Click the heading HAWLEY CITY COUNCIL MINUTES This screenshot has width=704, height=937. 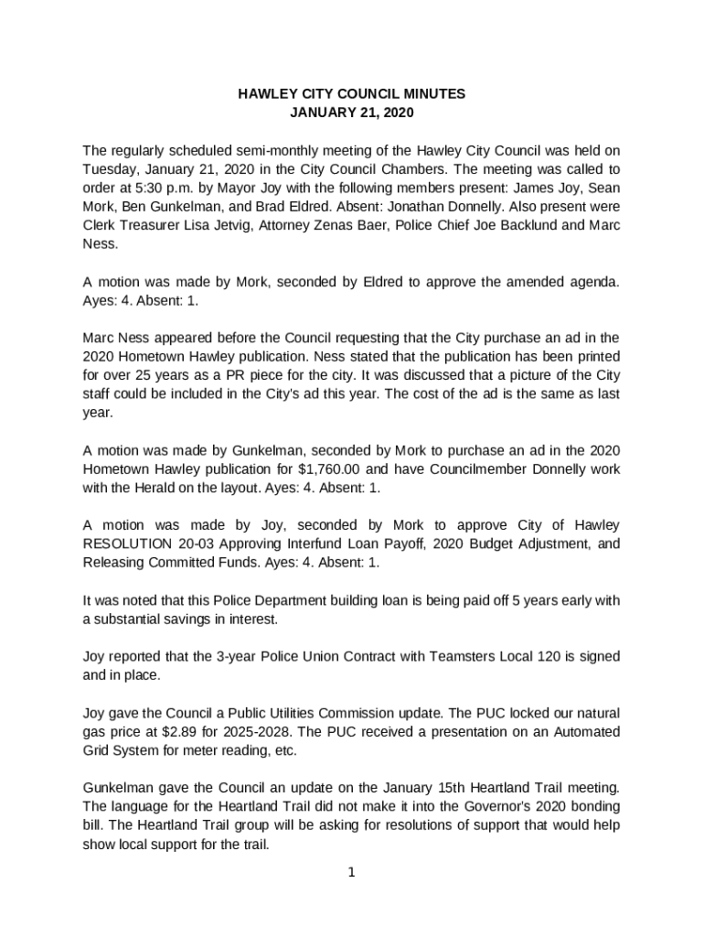pyautogui.click(x=352, y=94)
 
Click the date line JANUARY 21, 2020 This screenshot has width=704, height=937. pyautogui.click(x=352, y=113)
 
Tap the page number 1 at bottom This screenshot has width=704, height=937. pyautogui.click(x=351, y=872)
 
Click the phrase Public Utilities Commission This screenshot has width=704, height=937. pyautogui.click(x=323, y=713)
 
